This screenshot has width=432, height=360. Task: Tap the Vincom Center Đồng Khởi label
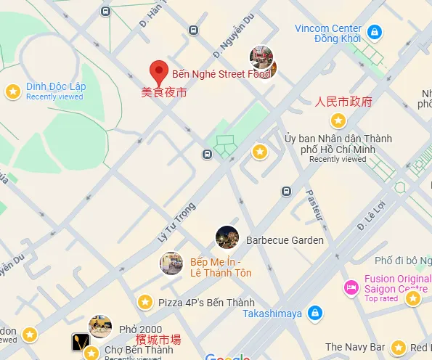(327, 33)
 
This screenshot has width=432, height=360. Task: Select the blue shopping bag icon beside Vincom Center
(374, 32)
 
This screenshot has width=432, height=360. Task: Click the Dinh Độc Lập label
(56, 87)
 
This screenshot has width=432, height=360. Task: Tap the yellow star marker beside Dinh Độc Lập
(12, 91)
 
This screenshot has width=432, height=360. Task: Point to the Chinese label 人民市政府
(343, 101)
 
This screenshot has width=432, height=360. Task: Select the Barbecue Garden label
(285, 240)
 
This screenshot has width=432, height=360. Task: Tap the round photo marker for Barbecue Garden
(227, 237)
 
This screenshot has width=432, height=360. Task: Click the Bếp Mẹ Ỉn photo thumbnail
(171, 263)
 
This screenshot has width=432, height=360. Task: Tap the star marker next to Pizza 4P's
(145, 302)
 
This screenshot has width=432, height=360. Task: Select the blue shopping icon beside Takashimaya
(314, 314)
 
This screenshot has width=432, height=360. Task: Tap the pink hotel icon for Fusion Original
(351, 287)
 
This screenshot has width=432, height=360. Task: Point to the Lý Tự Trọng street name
(177, 221)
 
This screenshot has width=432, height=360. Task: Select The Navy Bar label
(354, 348)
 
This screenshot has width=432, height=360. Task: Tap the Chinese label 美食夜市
(163, 93)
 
